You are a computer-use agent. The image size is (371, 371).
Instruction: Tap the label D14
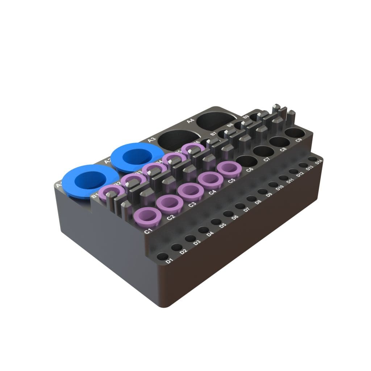click(319, 162)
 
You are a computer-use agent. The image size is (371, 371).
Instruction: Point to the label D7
click(247, 209)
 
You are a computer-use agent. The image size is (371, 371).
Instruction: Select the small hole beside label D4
click(203, 230)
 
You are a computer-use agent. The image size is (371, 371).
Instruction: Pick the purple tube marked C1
click(147, 215)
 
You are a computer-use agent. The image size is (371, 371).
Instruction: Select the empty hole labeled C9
click(295, 133)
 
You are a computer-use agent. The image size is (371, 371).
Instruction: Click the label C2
click(170, 218)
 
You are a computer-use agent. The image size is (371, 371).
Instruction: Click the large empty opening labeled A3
click(176, 140)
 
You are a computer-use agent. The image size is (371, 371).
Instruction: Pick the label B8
click(230, 125)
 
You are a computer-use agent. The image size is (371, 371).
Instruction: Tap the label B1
click(95, 196)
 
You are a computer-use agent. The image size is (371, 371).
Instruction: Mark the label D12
click(300, 175)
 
